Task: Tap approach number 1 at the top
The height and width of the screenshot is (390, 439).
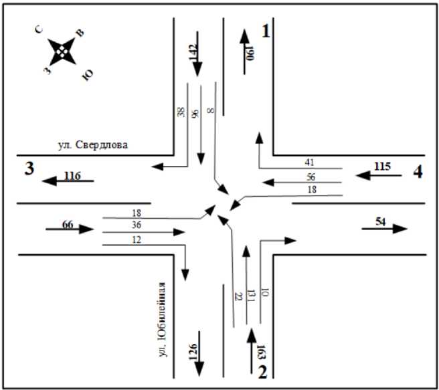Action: tap(267, 31)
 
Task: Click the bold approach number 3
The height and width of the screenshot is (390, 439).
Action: tap(29, 169)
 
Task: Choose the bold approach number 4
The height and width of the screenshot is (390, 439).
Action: tap(417, 172)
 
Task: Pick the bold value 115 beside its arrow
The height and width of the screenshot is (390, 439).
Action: tap(381, 166)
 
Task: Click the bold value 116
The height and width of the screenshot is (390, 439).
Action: tap(72, 176)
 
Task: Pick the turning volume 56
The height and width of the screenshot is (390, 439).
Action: tap(310, 177)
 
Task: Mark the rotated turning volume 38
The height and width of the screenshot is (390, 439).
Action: tap(181, 112)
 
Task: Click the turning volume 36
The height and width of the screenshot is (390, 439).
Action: tap(138, 225)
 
